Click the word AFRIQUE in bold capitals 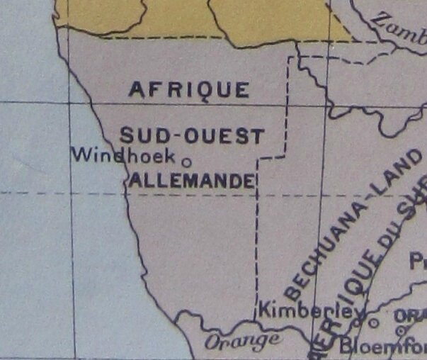189,90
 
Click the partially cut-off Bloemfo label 382,347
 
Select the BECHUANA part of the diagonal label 322,249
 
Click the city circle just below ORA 402,330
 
